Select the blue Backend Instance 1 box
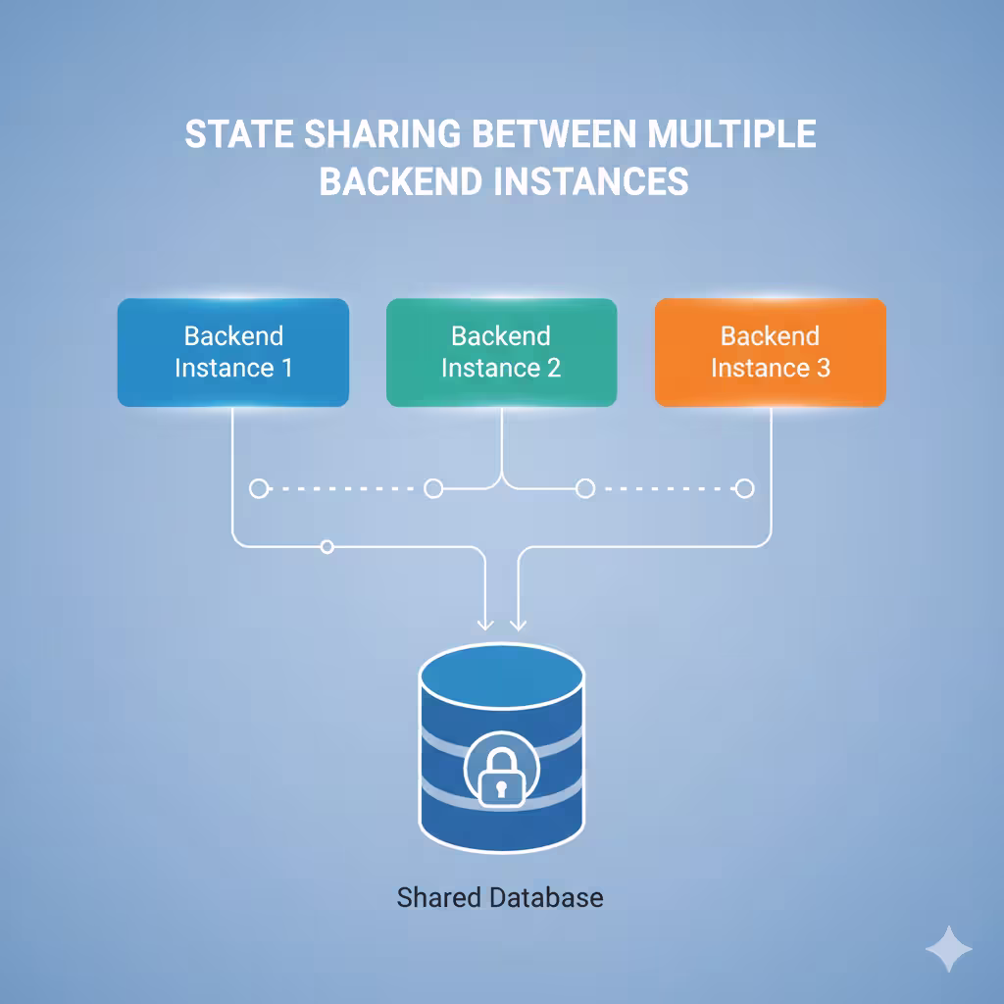(233, 353)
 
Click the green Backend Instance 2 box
(501, 353)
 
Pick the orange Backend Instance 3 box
(770, 353)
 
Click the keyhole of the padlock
(501, 786)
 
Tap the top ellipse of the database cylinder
(501, 677)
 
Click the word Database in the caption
(551, 896)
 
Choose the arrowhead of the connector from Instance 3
(519, 623)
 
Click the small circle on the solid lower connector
(327, 546)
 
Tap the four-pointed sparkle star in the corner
(948, 949)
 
